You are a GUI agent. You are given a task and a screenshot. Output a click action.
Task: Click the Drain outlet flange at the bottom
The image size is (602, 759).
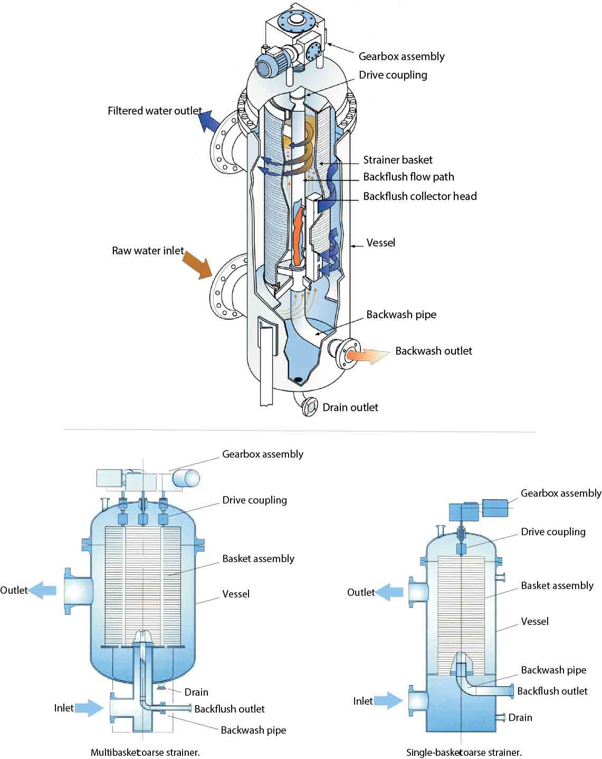click(x=310, y=407)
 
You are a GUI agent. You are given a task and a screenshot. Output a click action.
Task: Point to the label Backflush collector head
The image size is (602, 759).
click(x=419, y=196)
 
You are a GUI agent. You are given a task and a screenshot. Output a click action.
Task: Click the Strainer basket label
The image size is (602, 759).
click(x=397, y=160)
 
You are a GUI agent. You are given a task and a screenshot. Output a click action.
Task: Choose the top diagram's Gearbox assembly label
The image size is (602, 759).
click(x=401, y=56)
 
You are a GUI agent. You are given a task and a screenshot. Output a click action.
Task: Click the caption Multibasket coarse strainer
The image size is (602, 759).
click(x=145, y=752)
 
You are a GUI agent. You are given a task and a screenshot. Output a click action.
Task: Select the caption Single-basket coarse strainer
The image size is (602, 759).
click(x=464, y=752)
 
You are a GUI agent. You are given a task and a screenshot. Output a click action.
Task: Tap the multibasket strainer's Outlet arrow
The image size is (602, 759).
click(x=43, y=590)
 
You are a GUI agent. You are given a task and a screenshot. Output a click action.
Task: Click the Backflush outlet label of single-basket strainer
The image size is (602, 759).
click(x=552, y=691)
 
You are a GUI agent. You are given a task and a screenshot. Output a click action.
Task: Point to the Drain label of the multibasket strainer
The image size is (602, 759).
click(x=196, y=692)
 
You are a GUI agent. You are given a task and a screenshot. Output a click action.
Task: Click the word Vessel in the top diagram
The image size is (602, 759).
click(x=380, y=243)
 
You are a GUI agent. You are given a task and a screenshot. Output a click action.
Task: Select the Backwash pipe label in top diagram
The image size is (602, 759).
click(x=401, y=315)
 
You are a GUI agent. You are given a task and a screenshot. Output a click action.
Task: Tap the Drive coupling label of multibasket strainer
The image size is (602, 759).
click(x=254, y=500)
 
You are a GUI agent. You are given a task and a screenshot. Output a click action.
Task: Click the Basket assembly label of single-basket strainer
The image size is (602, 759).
click(x=557, y=585)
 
